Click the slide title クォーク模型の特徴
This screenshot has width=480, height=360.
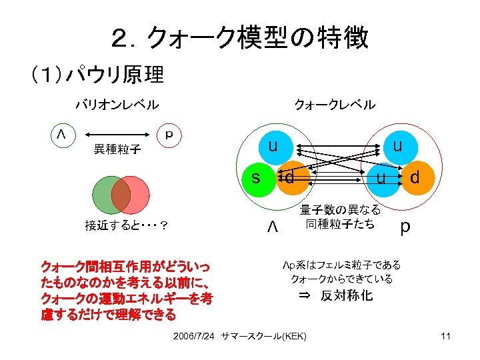click(x=239, y=38)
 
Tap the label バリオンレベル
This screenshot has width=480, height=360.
click(x=117, y=105)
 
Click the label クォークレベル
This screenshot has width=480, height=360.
click(x=335, y=105)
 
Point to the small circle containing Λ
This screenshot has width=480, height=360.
click(x=61, y=133)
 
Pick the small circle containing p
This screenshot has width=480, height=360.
click(x=168, y=133)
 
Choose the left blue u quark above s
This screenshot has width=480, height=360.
click(x=273, y=146)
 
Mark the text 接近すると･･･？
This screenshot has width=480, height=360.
click(x=126, y=225)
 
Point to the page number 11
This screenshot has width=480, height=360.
click(x=446, y=336)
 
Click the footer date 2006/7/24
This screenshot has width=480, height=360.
click(x=194, y=336)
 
